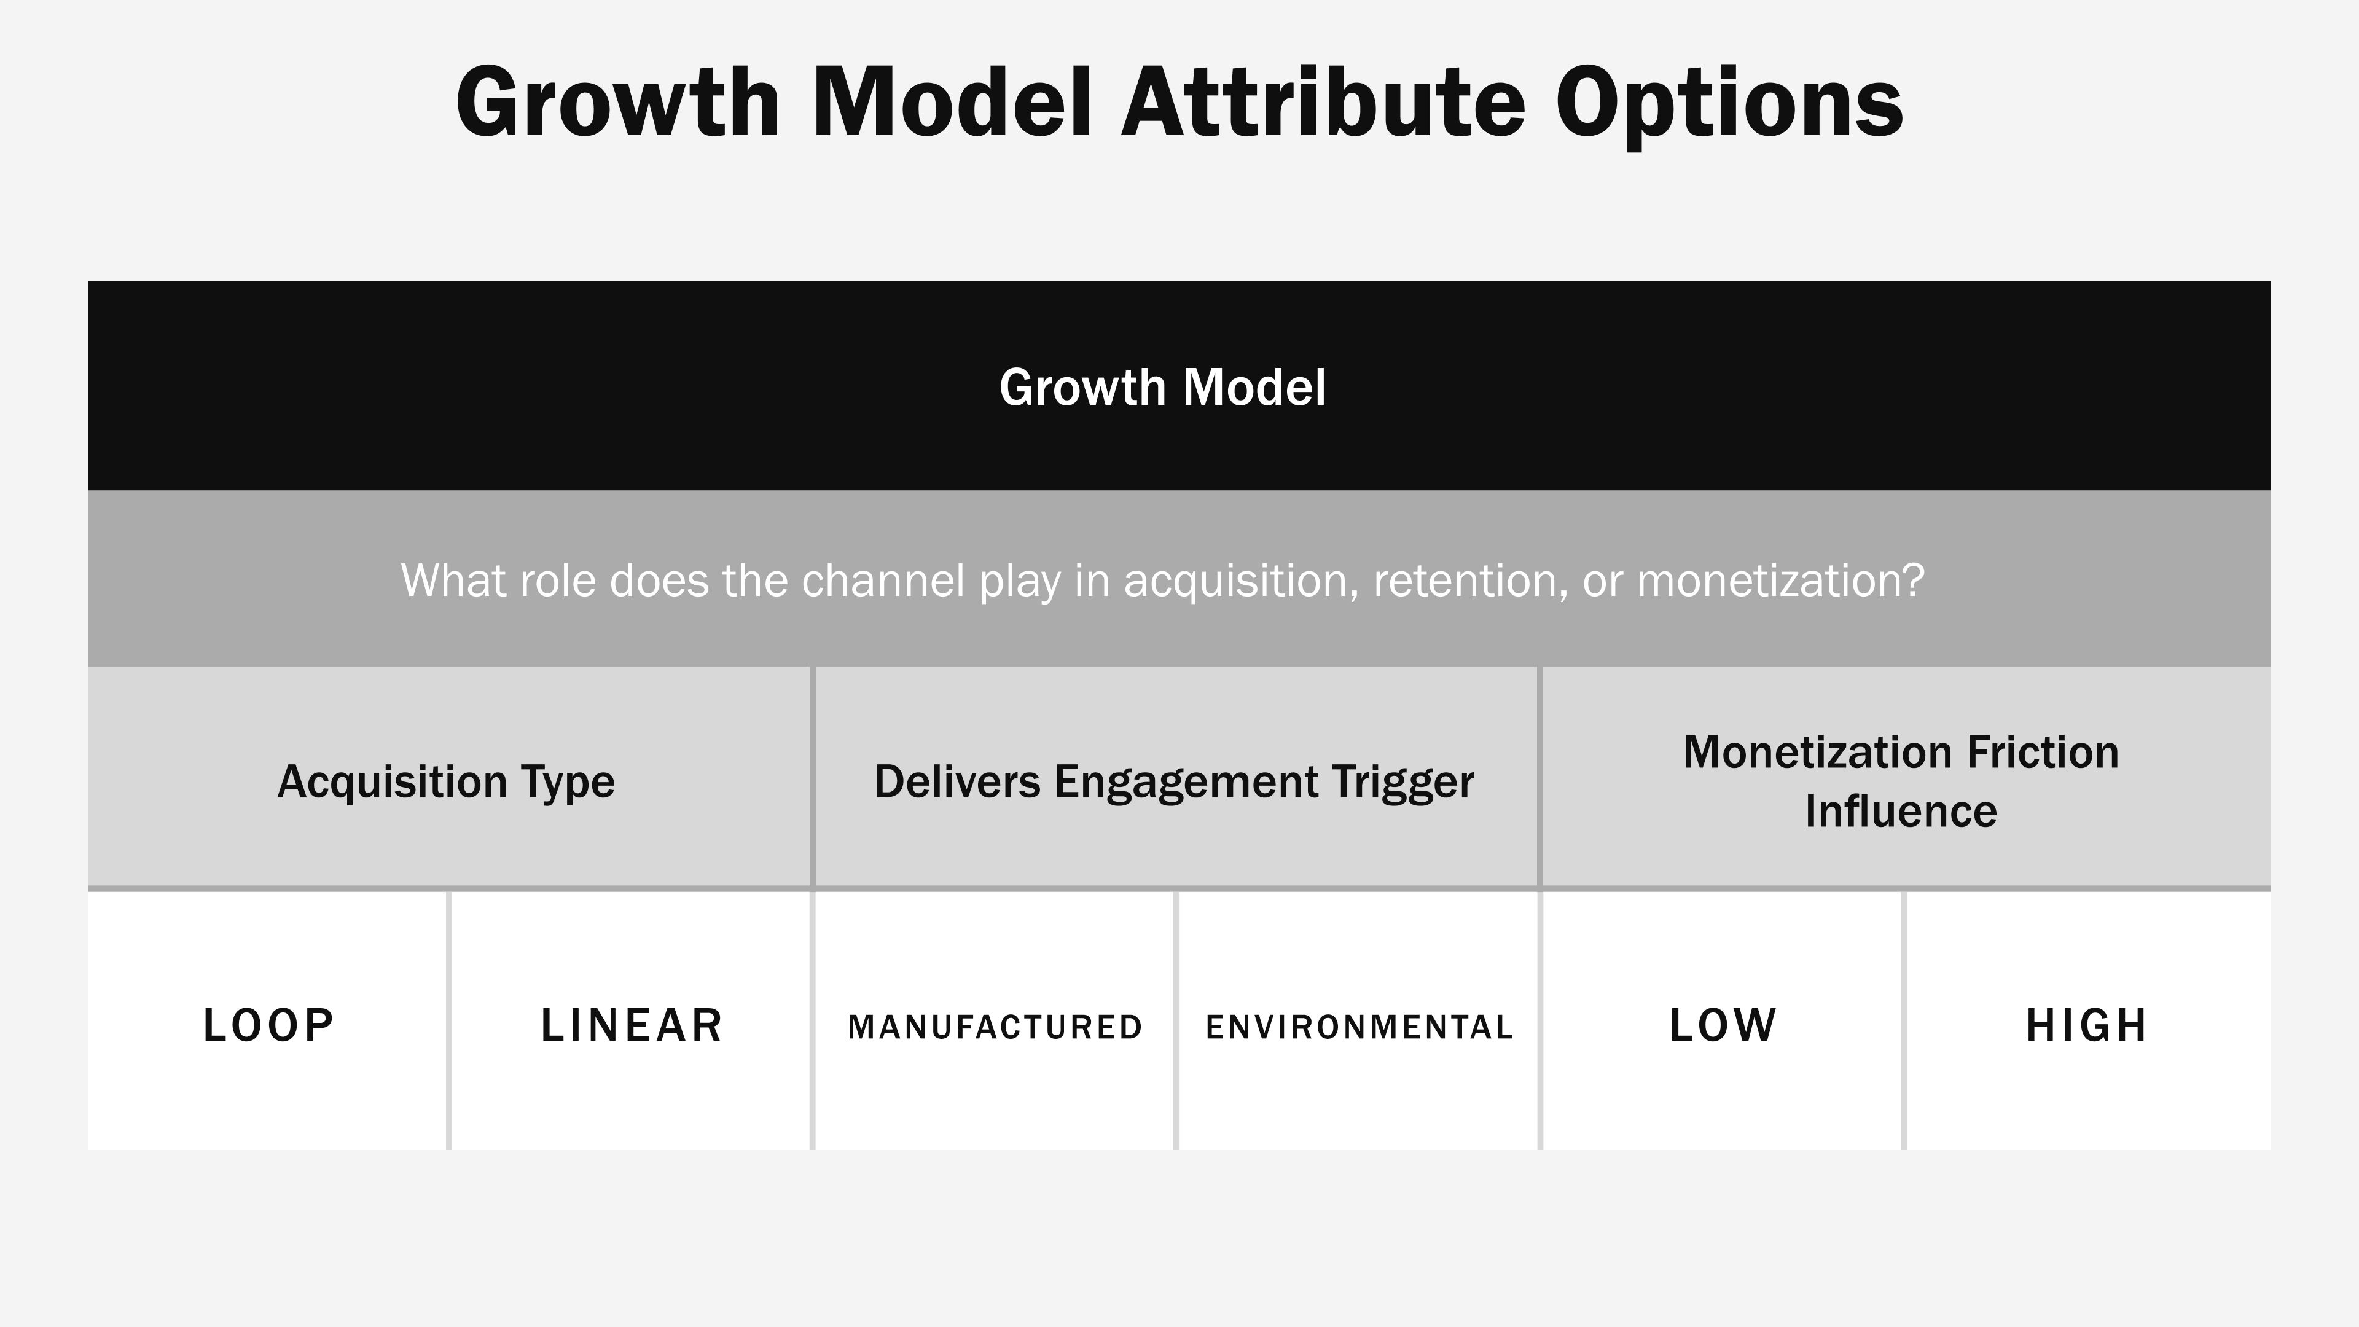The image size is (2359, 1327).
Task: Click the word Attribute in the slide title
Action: coord(1323,103)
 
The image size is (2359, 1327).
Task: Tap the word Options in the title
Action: coord(1729,103)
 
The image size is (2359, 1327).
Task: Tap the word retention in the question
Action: coord(1470,581)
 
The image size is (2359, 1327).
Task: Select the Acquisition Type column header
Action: coord(446,781)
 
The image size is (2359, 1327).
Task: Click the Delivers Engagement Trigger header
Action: coord(1173,781)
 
